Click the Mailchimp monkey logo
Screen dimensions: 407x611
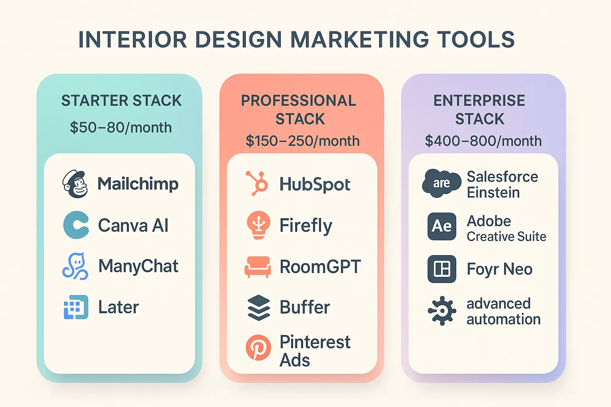click(x=75, y=184)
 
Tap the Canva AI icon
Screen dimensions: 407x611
click(x=76, y=225)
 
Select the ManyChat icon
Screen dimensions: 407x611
click(x=75, y=266)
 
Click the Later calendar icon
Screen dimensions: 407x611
click(x=76, y=307)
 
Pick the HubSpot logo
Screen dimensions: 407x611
click(x=257, y=183)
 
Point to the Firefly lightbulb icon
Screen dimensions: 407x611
click(x=259, y=225)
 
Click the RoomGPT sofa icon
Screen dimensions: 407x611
click(x=258, y=266)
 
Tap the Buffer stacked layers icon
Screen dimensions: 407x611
click(x=259, y=307)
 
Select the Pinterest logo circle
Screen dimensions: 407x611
click(x=258, y=347)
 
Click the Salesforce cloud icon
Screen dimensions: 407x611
click(x=441, y=183)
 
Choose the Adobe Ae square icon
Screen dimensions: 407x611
click(x=442, y=226)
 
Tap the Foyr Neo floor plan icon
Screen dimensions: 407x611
click(x=442, y=269)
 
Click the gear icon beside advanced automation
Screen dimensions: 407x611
click(x=442, y=311)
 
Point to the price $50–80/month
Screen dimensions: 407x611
click(x=121, y=128)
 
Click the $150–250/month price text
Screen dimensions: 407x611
click(x=302, y=141)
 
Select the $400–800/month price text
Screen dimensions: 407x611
click(x=483, y=141)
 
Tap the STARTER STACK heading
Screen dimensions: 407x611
click(x=121, y=101)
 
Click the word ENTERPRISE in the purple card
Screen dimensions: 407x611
click(x=479, y=101)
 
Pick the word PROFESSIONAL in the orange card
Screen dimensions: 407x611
click(x=298, y=101)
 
